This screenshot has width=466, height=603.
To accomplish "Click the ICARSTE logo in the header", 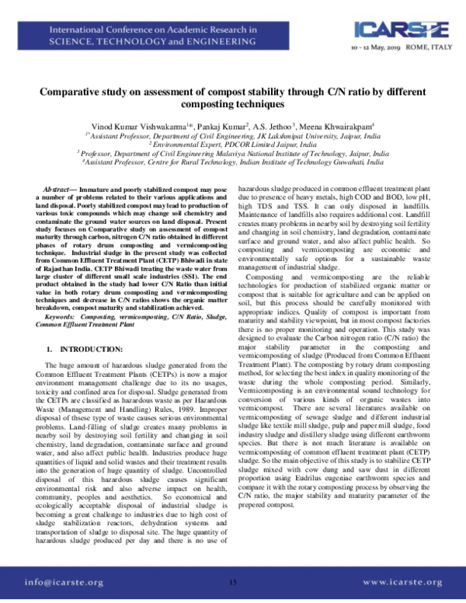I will click(400, 29).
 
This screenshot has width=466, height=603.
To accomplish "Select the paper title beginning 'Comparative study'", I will click(232, 97).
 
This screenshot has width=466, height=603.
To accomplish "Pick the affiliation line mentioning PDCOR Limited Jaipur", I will click(233, 144).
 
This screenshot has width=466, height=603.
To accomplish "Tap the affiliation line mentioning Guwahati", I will click(233, 162).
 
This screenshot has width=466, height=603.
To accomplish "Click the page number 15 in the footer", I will click(233, 580).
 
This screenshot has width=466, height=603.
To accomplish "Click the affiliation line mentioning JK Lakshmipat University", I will click(233, 134).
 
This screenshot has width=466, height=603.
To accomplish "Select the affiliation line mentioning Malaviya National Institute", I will click(233, 153).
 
